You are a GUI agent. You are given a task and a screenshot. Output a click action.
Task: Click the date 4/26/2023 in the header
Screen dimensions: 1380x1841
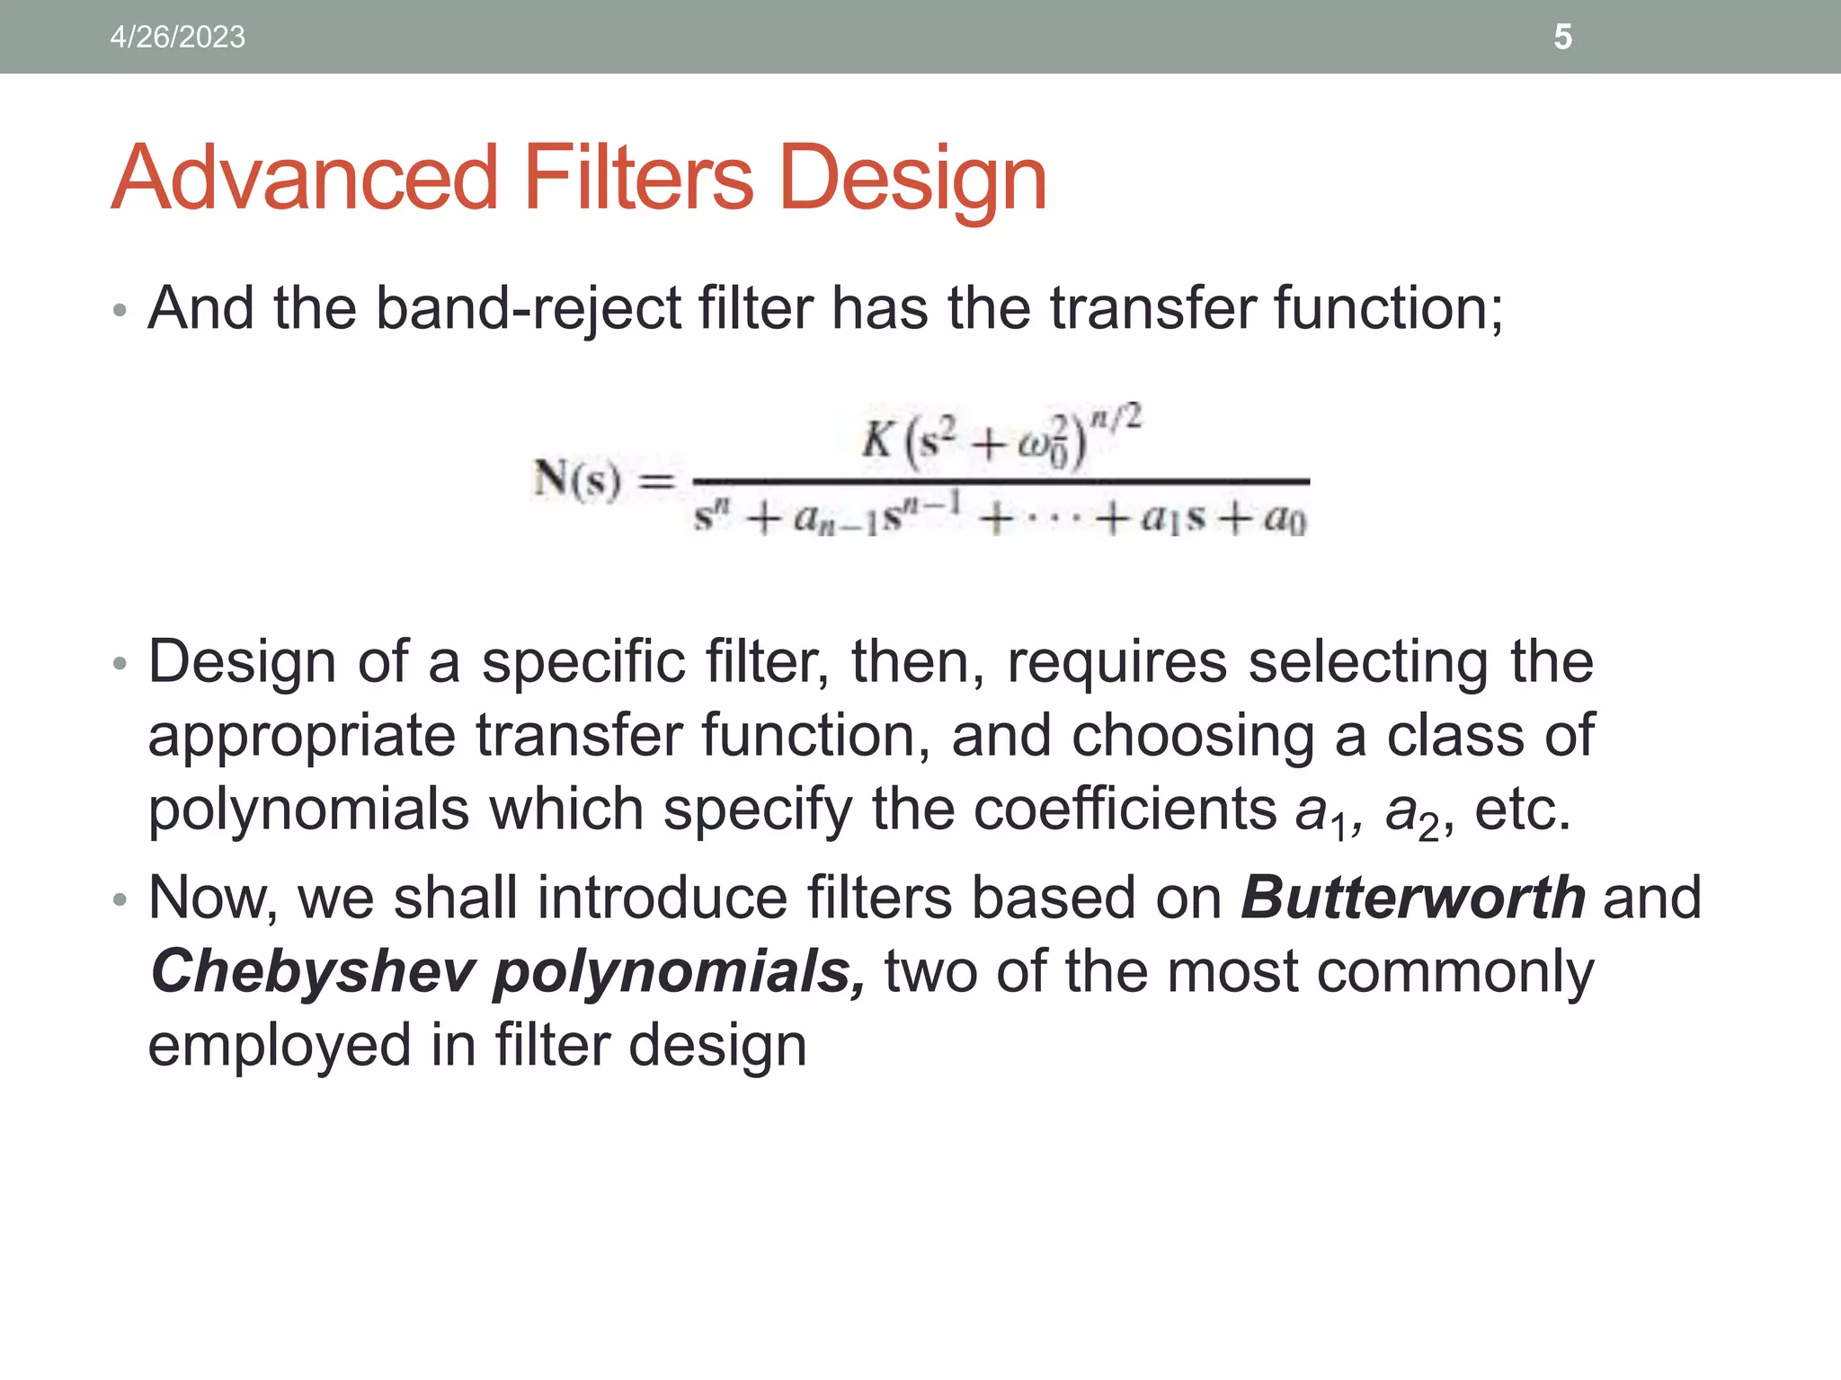click(177, 37)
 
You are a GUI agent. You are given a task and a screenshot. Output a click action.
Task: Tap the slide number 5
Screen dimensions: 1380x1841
click(1562, 37)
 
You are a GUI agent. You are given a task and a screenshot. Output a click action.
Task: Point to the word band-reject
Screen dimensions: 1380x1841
click(529, 308)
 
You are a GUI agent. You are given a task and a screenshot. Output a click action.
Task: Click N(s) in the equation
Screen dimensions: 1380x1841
click(576, 480)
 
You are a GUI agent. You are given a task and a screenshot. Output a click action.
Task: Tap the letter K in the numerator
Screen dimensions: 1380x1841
click(876, 440)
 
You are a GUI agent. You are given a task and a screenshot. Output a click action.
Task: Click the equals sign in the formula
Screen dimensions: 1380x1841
click(655, 482)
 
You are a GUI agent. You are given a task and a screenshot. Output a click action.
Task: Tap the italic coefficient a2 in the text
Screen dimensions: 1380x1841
click(1410, 811)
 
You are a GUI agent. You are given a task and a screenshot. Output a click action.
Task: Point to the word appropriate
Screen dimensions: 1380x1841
click(302, 735)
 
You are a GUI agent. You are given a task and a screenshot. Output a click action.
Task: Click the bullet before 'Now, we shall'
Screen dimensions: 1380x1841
click(120, 899)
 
